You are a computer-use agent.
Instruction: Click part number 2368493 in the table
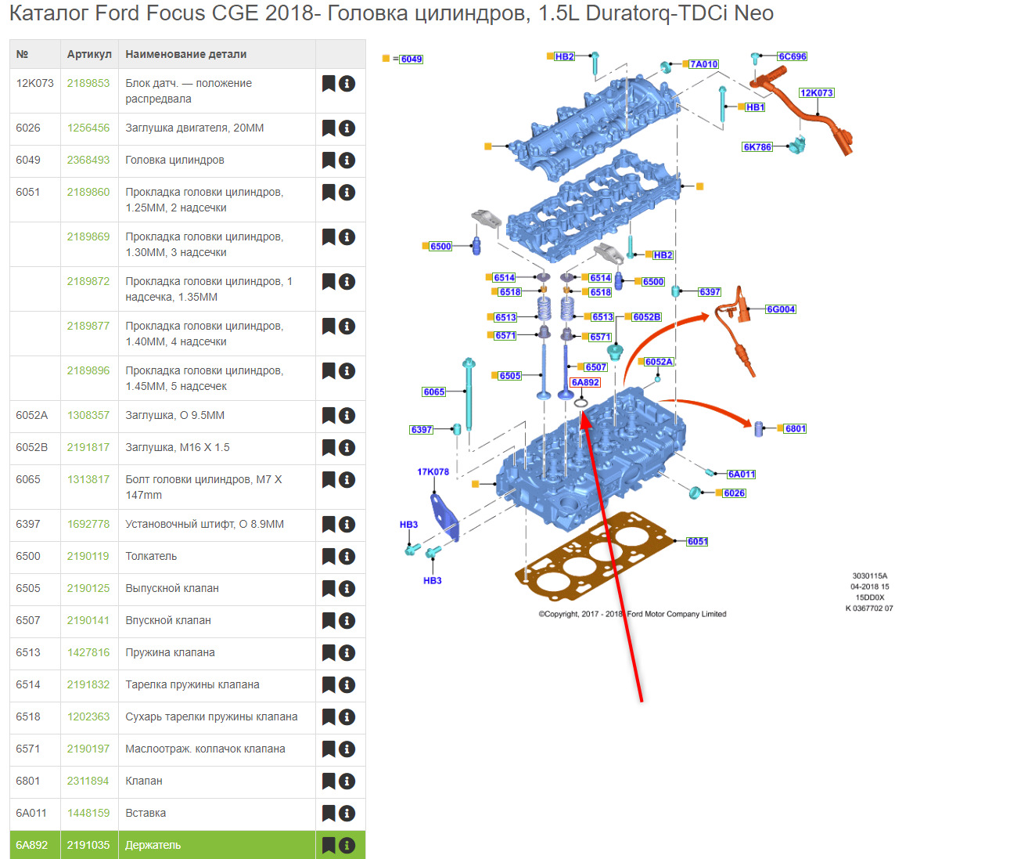point(88,160)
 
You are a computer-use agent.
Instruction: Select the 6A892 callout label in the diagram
point(585,383)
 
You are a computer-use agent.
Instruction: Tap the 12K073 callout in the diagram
point(816,93)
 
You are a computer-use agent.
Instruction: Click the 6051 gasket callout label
point(697,542)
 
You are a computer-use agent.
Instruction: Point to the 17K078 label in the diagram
point(433,472)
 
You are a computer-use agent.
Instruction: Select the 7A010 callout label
point(704,64)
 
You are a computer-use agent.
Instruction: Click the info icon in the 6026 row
point(347,128)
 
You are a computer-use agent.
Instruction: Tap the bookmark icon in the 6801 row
point(329,781)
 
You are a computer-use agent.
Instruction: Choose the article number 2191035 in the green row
point(88,846)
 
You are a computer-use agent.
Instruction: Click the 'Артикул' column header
point(89,55)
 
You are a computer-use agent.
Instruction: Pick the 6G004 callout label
point(781,310)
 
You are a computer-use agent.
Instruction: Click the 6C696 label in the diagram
point(792,57)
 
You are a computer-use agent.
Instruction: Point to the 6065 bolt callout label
point(434,392)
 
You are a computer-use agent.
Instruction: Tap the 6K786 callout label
point(757,147)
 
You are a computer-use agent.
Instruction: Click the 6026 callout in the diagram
point(734,493)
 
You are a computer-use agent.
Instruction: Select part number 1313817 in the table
point(88,480)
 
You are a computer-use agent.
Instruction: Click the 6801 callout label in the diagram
point(796,429)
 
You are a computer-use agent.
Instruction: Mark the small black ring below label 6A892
point(580,403)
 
